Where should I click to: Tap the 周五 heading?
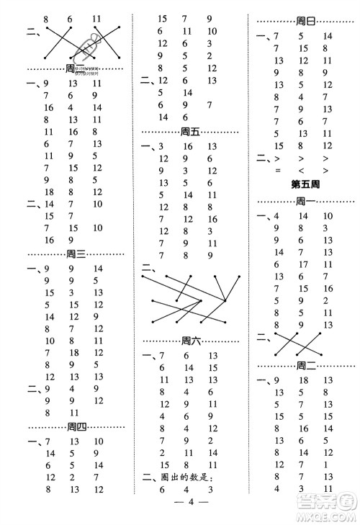(192, 131)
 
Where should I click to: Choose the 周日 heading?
(306, 22)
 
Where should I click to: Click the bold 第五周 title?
(305, 184)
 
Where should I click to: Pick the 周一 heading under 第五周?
(306, 202)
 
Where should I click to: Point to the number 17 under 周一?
(302, 264)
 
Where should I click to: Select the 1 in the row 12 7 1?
(326, 465)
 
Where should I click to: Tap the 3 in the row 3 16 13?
(163, 146)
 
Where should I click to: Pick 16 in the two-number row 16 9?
(49, 240)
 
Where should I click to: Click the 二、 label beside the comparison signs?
(262, 158)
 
